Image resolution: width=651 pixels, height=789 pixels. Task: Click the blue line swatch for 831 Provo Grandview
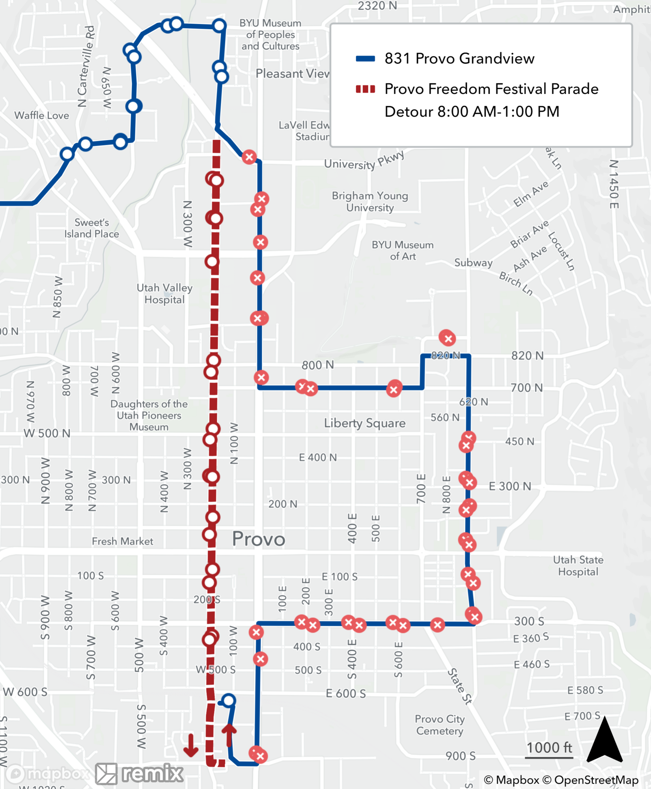tap(365, 59)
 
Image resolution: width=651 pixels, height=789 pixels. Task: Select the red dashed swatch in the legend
tap(365, 89)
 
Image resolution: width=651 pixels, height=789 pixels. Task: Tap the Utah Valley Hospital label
tap(164, 294)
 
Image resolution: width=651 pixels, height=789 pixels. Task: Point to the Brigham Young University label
tap(370, 202)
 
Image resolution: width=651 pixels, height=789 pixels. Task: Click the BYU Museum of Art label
tap(403, 251)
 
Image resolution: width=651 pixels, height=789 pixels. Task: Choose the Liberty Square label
tap(365, 423)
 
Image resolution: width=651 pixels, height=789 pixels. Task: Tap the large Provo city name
tap(258, 539)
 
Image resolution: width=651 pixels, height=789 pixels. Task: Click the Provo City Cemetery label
tap(440, 725)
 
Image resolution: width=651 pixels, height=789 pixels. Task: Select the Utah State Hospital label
tap(578, 566)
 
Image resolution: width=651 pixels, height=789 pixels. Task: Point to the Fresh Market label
tap(122, 541)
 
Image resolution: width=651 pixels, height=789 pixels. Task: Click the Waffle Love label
tap(41, 116)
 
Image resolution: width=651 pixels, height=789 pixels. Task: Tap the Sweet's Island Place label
tap(91, 228)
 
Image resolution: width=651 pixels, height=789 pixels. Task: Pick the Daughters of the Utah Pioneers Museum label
tap(149, 415)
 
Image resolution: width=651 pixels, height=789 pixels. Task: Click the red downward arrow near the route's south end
tap(191, 745)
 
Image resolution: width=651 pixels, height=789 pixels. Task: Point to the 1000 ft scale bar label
tap(549, 748)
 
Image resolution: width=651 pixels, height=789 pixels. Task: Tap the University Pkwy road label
tap(364, 161)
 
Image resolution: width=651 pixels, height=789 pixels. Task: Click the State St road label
tap(459, 686)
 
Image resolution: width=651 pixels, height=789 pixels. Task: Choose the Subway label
tap(473, 263)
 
